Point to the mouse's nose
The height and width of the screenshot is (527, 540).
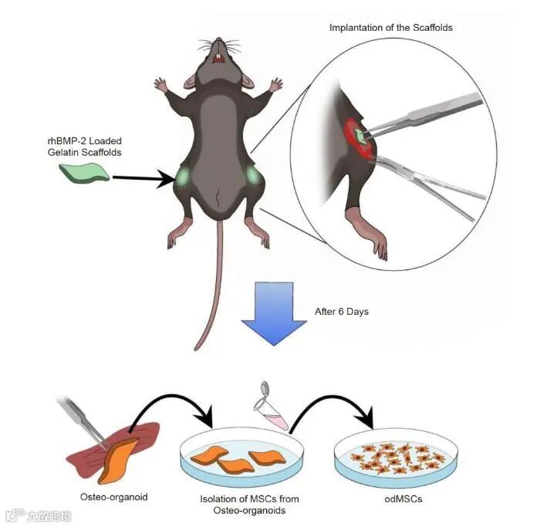(x=219, y=42)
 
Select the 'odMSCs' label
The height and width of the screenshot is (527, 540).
(x=403, y=499)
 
